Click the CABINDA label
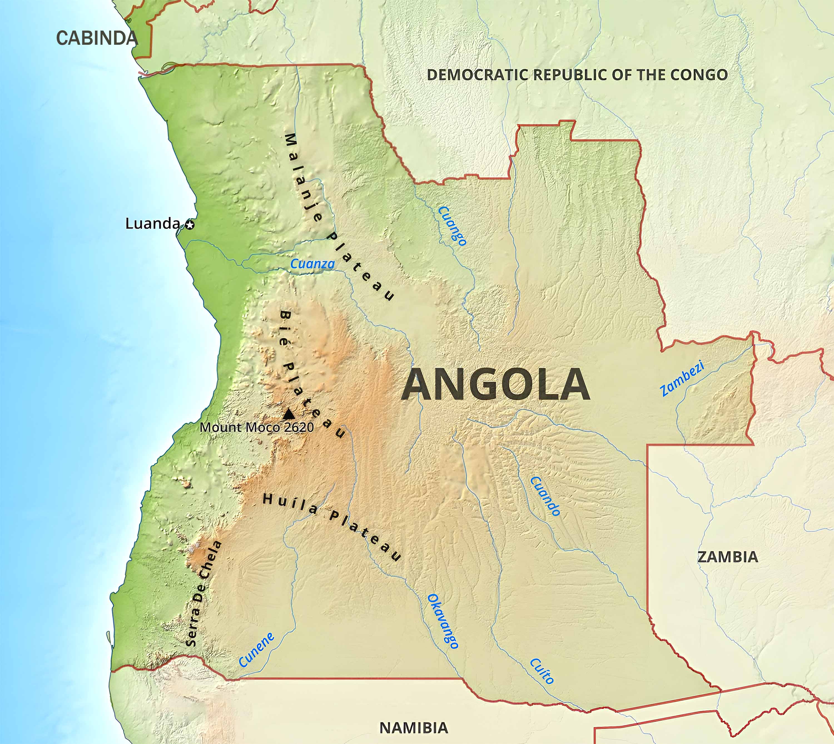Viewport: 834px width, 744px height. point(97,38)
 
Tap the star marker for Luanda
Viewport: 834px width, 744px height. point(190,224)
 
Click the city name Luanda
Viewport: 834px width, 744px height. point(152,224)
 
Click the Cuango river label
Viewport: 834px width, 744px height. point(452,226)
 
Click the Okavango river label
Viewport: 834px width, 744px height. point(443,621)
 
